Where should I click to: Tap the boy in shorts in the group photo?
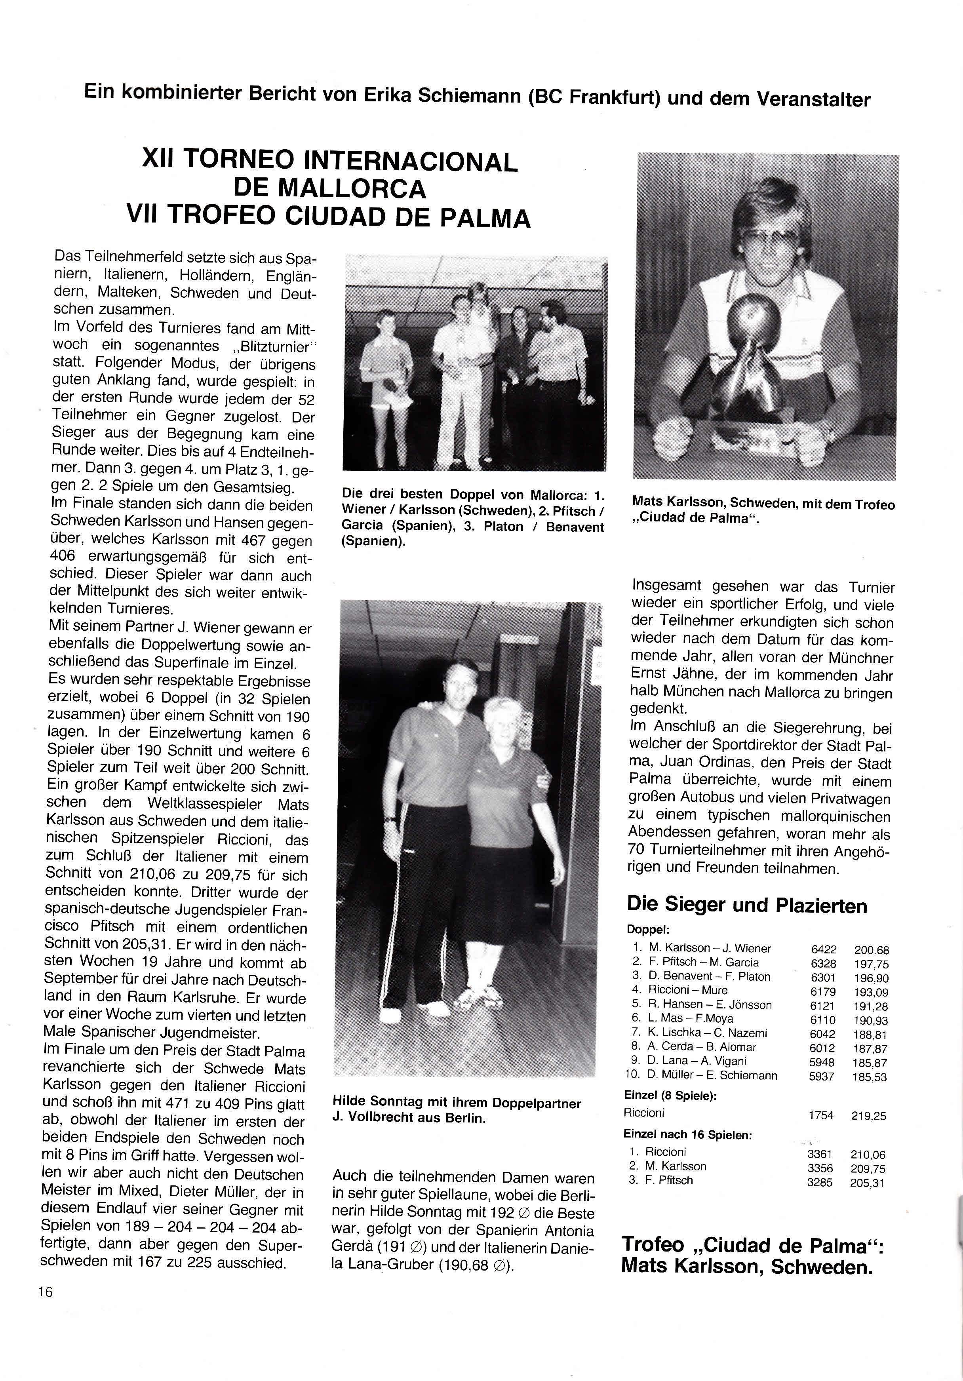[x=387, y=367]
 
